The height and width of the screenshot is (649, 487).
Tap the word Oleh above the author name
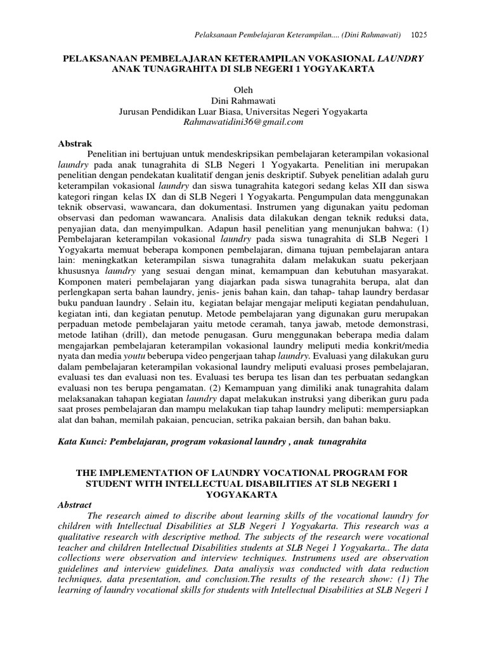pyautogui.click(x=243, y=90)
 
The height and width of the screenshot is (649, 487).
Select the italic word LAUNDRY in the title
pyautogui.click(x=401, y=58)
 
